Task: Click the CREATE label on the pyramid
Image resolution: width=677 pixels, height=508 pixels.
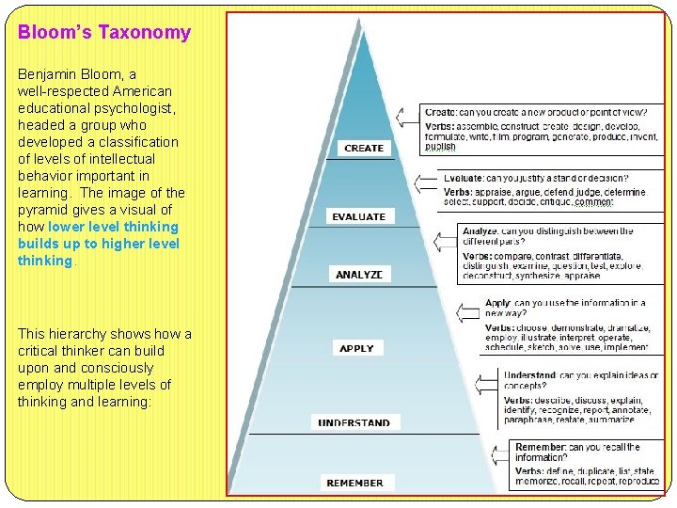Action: [x=363, y=148]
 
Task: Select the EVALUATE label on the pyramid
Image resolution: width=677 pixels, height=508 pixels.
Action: [x=358, y=217]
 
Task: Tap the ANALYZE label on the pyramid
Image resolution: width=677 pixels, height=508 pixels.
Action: [x=360, y=275]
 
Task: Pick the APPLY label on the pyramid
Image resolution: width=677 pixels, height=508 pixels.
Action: [x=357, y=348]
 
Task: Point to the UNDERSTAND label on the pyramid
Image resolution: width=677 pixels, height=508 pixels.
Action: [x=354, y=423]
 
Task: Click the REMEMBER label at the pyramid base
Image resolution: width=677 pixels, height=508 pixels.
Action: [x=354, y=483]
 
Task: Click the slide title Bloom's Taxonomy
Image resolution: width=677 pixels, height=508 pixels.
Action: [x=104, y=32]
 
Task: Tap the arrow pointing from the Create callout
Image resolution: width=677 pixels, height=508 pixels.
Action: [x=406, y=116]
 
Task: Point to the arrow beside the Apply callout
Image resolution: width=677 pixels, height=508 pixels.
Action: [x=467, y=310]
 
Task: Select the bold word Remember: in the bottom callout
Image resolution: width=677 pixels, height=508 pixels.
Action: [x=540, y=448]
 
